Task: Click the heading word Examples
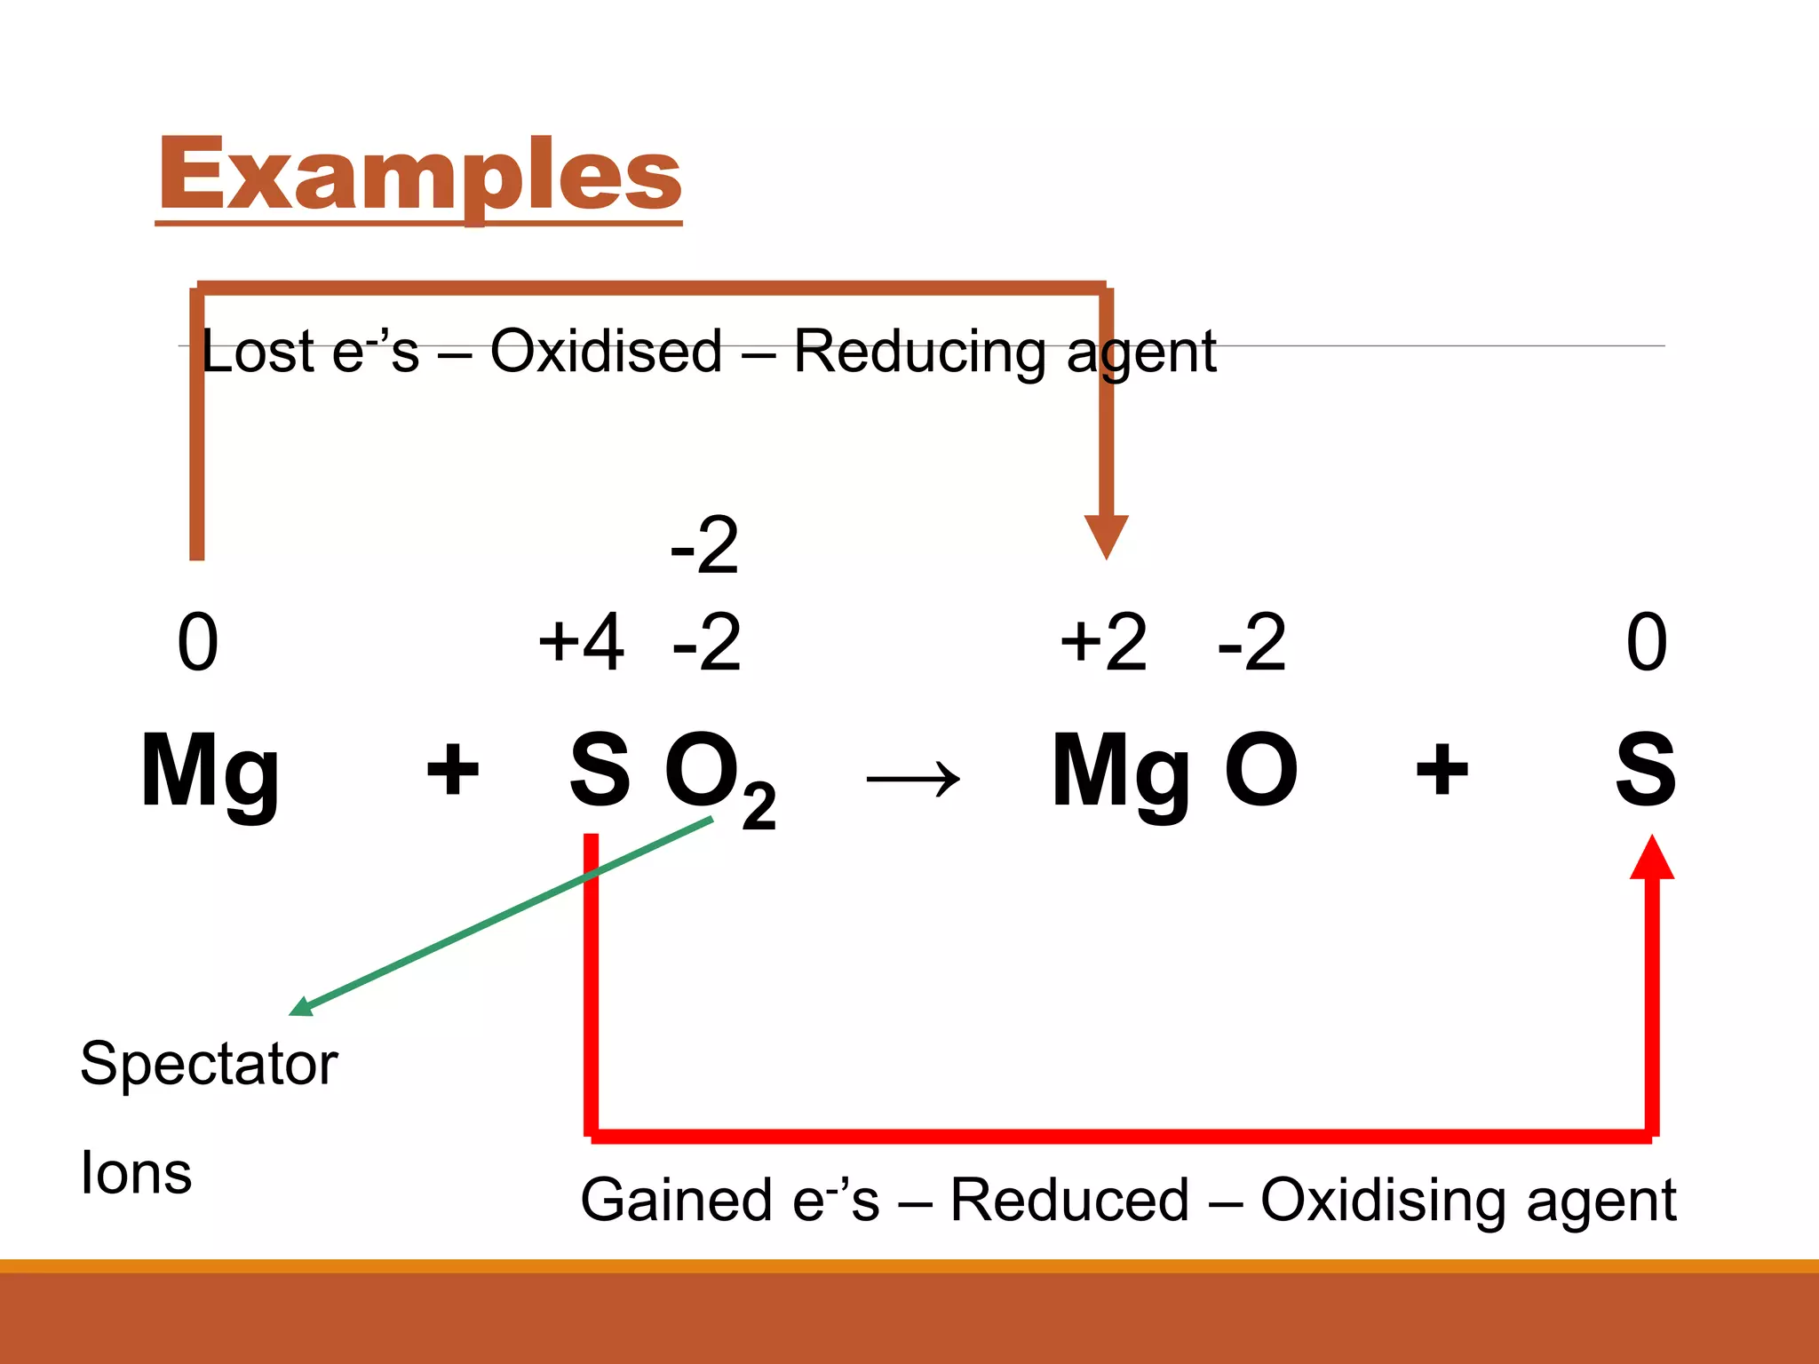click(x=419, y=176)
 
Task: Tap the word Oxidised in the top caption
click(x=606, y=352)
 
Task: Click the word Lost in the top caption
click(x=258, y=352)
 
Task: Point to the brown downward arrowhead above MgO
click(x=1106, y=535)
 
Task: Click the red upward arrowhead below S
click(x=1651, y=858)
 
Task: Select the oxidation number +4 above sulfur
click(x=582, y=641)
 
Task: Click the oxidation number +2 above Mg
click(x=1103, y=641)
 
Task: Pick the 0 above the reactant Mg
click(x=197, y=642)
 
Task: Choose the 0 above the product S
click(x=1646, y=642)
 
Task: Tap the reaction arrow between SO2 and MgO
click(x=913, y=780)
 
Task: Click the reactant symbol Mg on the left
click(x=210, y=771)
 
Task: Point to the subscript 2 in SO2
click(x=759, y=807)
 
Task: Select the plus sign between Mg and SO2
click(x=452, y=769)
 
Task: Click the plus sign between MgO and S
click(x=1441, y=769)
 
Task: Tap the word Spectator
click(x=209, y=1064)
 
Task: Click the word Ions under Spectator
click(x=136, y=1173)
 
